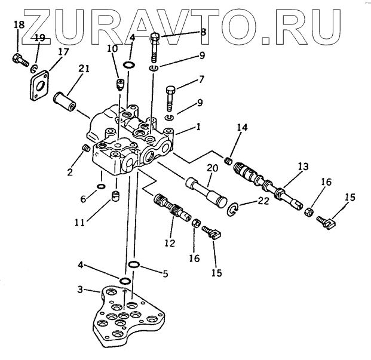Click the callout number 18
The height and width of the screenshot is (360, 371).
point(18,24)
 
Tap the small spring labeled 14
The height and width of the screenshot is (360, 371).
point(228,160)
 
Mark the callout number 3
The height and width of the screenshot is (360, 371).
point(80,290)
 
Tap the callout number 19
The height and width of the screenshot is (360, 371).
point(39,38)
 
